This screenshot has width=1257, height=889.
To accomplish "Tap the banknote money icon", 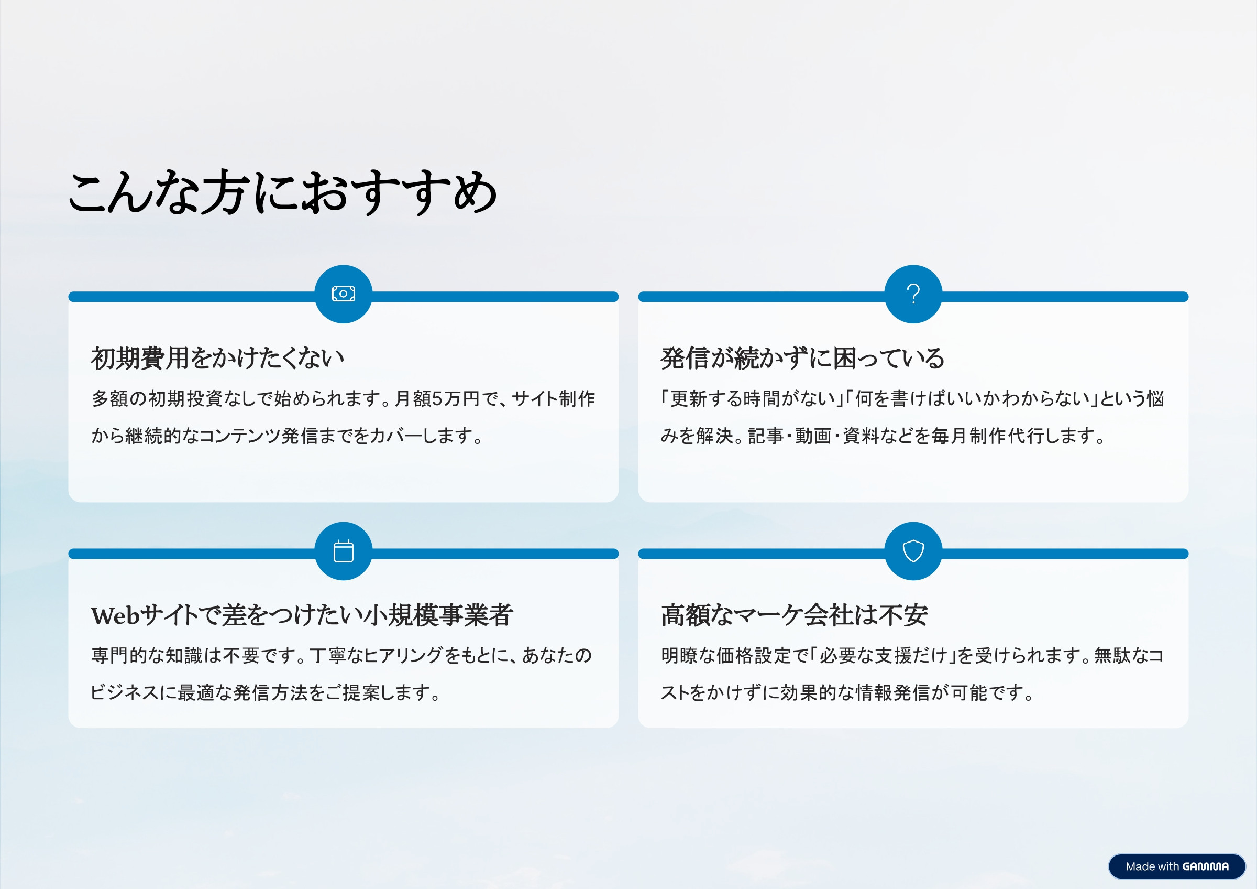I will coord(343,294).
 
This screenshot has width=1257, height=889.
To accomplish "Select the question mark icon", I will coord(913,294).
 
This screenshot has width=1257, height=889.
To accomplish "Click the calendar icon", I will coord(343,551).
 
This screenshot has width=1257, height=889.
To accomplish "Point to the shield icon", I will coord(913,551).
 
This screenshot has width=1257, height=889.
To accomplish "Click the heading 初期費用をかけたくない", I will coord(217,358).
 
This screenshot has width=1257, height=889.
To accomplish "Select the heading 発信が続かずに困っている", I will coord(802,358).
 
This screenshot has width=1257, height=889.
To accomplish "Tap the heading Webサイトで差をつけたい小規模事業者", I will coord(302,615).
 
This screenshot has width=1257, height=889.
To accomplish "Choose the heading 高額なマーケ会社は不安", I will coord(794,615).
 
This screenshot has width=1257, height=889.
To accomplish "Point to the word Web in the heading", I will coord(116,616).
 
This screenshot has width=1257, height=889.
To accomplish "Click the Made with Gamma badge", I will coord(1176,866).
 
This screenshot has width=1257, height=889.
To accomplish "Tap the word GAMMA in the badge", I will coord(1205,866).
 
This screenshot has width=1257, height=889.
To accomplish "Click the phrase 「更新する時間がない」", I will coord(751,399).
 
